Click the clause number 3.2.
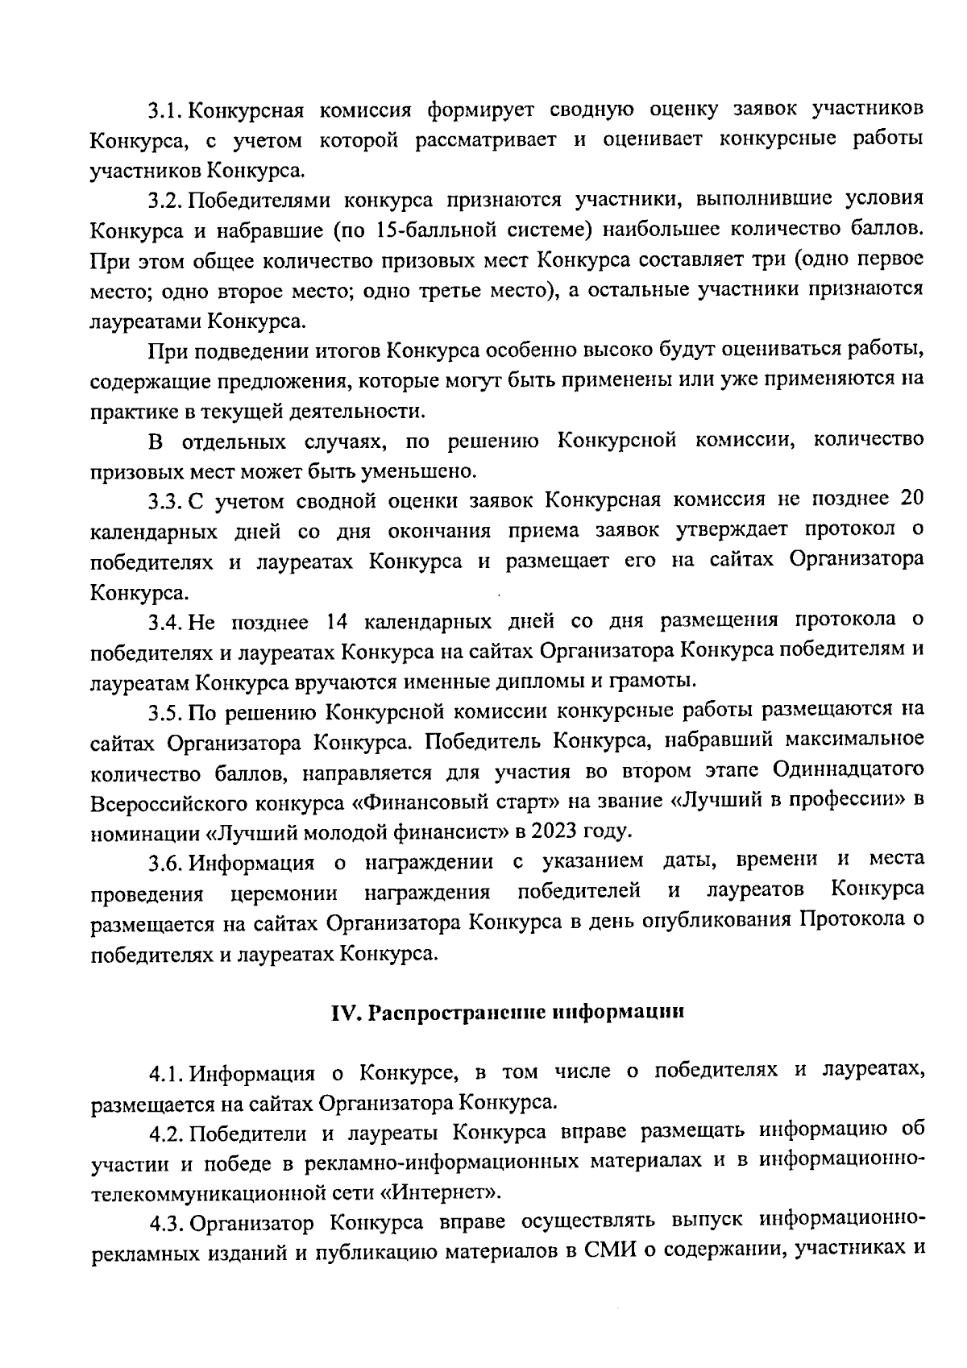166,199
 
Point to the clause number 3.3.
166,501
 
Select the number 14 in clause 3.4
337,621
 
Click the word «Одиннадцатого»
846,772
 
